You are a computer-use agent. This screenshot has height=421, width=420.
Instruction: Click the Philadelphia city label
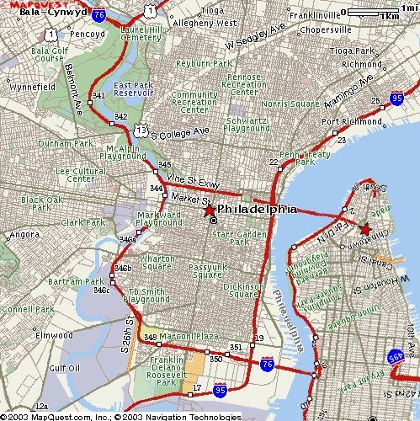(257, 209)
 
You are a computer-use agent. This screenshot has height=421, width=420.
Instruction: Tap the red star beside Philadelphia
(209, 210)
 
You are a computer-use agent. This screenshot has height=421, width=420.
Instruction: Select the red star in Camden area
(364, 228)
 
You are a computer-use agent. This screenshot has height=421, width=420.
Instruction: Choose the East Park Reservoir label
(132, 90)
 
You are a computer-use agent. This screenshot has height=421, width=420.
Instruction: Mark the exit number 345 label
(164, 164)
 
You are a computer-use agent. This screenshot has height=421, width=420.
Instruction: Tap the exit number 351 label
(236, 347)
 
